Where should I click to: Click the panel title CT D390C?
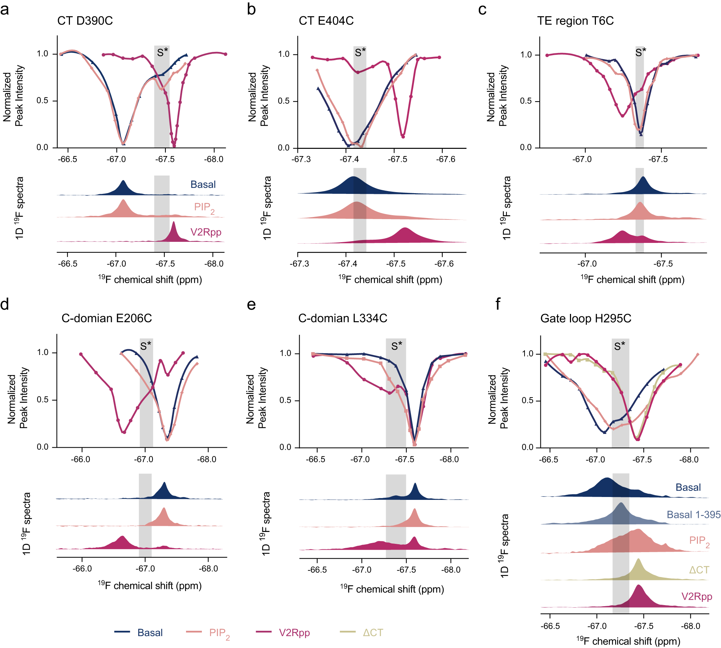point(85,21)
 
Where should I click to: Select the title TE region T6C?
point(575,21)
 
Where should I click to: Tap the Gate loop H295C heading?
point(585,319)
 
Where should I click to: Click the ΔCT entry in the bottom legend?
point(373,633)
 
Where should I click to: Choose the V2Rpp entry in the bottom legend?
point(294,633)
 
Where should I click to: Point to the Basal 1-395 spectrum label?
point(693,514)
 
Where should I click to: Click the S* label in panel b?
point(360,53)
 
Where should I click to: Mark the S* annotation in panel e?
point(396,346)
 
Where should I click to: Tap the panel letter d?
point(5,305)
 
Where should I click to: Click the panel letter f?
point(498,305)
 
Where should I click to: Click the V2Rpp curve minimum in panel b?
point(403,137)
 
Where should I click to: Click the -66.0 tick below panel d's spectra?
point(82,569)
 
